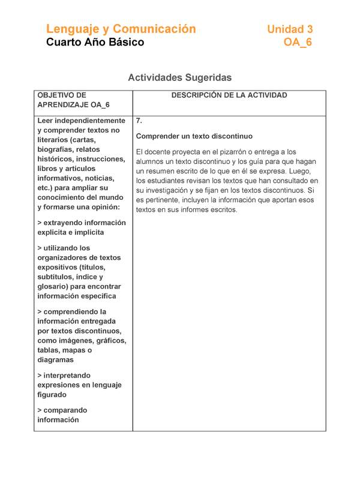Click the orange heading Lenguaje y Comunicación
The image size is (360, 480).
tap(121, 29)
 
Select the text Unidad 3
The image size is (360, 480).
tap(290, 29)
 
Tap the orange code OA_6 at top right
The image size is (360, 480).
tap(298, 43)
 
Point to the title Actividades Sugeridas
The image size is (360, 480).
tap(179, 77)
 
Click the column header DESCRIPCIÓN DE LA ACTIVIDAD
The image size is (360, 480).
tap(229, 95)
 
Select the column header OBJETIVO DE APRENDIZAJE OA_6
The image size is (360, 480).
tap(73, 100)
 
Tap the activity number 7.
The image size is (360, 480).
tap(139, 120)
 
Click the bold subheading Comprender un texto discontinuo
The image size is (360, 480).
tap(194, 136)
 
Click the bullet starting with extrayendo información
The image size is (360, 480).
tap(81, 227)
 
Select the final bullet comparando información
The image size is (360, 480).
tap(61, 415)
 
